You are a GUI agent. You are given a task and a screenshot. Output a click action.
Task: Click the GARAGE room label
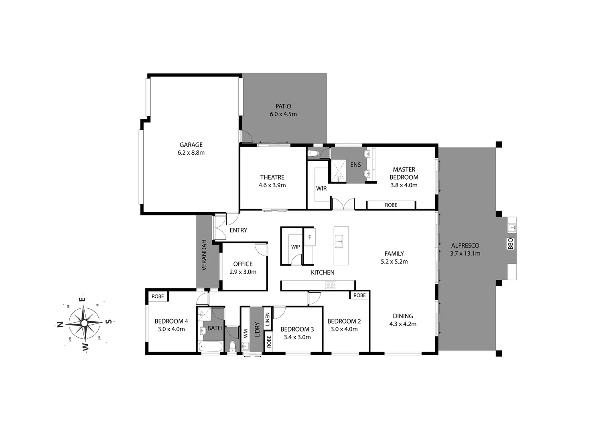[191, 145]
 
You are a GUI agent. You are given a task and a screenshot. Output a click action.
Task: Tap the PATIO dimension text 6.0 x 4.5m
[283, 114]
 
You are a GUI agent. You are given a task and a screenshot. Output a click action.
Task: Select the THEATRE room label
[272, 177]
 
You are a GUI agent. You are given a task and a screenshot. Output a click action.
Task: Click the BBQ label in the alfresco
[511, 244]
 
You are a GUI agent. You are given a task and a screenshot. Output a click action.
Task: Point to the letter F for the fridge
[310, 237]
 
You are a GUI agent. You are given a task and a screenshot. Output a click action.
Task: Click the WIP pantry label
[296, 247]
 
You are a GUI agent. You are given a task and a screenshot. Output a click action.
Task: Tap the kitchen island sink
[341, 242]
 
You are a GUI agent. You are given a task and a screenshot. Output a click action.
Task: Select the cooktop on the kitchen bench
[331, 285]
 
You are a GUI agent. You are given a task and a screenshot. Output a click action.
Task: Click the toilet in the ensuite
[313, 153]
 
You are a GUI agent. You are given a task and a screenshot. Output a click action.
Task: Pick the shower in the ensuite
[338, 171]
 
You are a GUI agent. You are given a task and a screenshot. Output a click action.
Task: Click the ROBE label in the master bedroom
[391, 205]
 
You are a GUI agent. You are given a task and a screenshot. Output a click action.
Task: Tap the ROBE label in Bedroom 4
[158, 297]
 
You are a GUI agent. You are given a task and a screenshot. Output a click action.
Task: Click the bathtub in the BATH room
[210, 346]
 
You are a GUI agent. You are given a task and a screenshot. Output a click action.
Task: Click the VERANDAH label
[204, 255]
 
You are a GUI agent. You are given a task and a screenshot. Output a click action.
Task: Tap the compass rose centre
[84, 323]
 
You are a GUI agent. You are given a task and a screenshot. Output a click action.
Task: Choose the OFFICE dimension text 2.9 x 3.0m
[243, 272]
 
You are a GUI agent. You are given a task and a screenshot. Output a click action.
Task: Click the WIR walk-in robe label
[321, 188]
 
